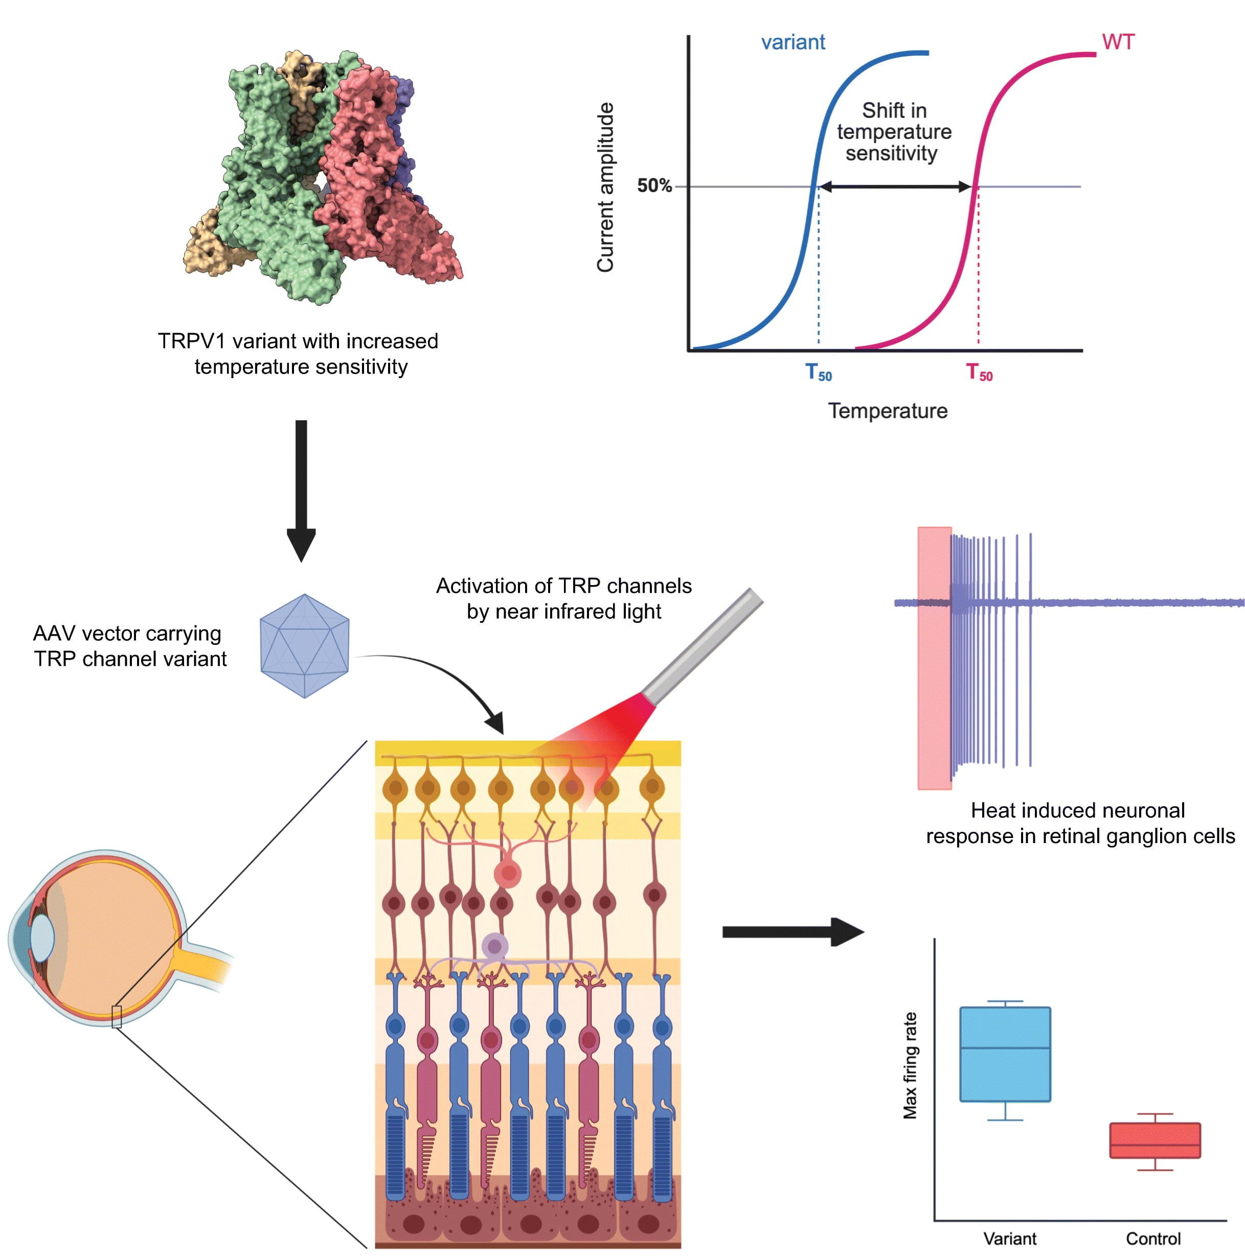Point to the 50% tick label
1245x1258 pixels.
653,186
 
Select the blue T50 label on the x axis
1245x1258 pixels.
818,372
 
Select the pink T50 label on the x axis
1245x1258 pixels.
979,372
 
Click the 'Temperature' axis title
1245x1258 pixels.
887,411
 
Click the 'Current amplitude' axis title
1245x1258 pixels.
605,187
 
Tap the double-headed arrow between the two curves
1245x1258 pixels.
894,187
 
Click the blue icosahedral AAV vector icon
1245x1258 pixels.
304,645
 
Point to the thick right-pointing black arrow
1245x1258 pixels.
791,932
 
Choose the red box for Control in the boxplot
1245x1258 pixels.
1155,1140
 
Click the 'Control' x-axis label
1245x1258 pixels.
1152,1239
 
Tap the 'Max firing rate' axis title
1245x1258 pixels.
910,1065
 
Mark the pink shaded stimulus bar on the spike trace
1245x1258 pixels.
934,658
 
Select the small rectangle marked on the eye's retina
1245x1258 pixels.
117,1016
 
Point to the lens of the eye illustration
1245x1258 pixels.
42,937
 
